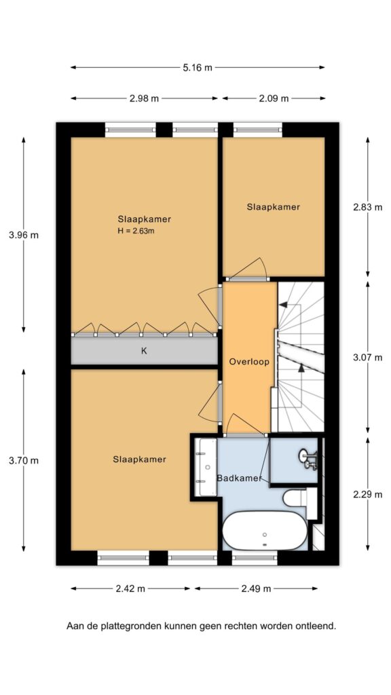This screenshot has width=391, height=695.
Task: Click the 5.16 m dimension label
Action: point(198,67)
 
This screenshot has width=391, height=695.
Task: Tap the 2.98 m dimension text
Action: point(144,98)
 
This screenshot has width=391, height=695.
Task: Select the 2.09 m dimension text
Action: point(274,98)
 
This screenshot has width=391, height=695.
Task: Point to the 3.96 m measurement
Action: point(24,236)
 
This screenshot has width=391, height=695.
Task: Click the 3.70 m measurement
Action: point(24,461)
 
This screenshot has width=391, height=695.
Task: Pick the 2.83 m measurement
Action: point(368,207)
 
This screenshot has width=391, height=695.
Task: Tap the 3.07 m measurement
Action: point(368,358)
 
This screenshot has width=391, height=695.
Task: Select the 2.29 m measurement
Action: point(368,494)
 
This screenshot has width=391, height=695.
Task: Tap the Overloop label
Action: point(250,362)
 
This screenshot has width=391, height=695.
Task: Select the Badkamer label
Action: point(239,478)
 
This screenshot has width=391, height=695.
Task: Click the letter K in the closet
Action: point(144,351)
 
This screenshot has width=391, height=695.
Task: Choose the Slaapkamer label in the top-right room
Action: point(273,206)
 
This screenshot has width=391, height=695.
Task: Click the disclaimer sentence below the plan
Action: point(201,626)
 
